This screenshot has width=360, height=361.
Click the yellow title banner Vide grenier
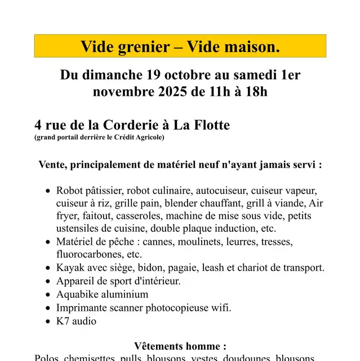[x=180, y=46]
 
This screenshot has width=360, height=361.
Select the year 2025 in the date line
[x=172, y=91]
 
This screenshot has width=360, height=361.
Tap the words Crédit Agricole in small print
[x=143, y=138]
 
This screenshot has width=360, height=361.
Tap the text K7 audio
[x=76, y=321]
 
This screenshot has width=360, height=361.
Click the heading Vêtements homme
[x=180, y=346]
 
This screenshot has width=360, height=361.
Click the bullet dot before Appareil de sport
[x=48, y=281]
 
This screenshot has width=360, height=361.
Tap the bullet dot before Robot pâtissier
[x=48, y=191]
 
